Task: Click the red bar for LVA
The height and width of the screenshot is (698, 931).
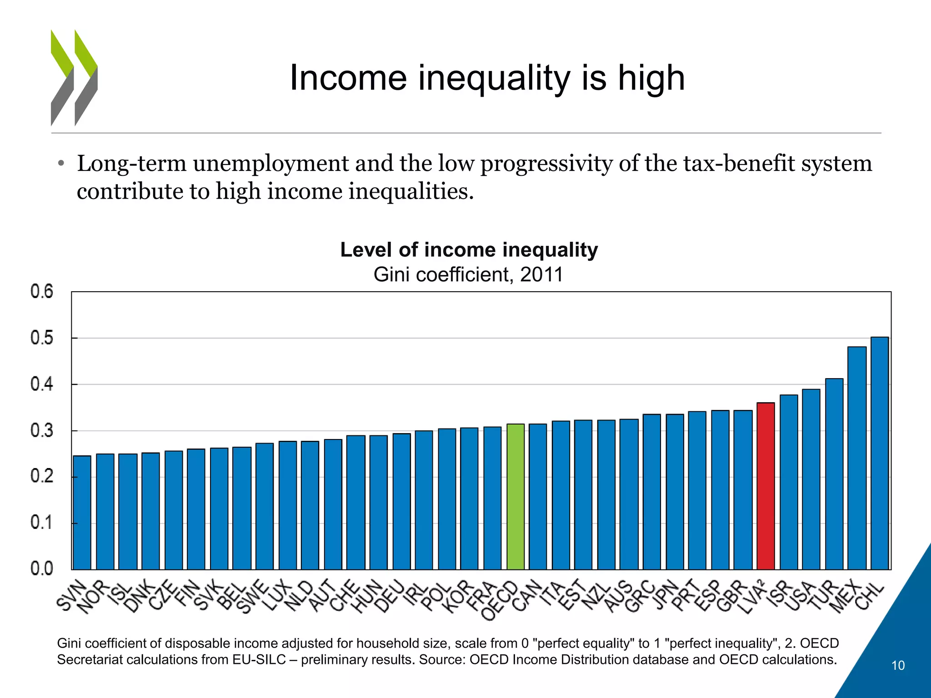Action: click(x=766, y=486)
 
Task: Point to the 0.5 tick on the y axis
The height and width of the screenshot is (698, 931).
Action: click(x=42, y=338)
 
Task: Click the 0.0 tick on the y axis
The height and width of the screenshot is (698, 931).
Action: click(x=42, y=568)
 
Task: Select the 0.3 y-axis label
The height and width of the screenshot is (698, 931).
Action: click(x=42, y=430)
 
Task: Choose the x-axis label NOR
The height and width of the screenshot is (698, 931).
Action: click(x=93, y=598)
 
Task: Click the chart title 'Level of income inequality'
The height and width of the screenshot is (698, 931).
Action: click(x=469, y=250)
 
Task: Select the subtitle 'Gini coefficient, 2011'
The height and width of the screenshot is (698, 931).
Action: click(x=468, y=274)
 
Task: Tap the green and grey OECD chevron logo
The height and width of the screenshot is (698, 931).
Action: click(x=74, y=78)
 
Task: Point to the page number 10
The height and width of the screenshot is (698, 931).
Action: click(x=898, y=666)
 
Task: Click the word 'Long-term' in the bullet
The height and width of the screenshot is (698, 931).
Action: click(x=131, y=163)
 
